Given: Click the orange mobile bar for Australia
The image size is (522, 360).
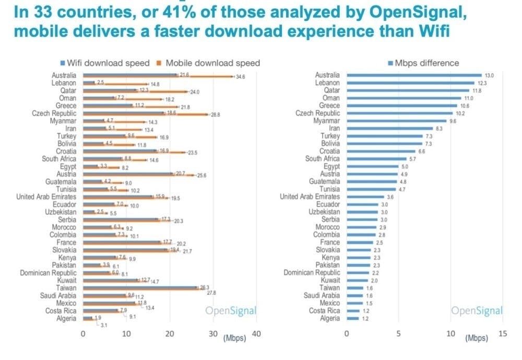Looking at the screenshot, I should (x=157, y=77).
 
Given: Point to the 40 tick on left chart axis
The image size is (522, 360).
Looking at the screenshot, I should (x=256, y=334).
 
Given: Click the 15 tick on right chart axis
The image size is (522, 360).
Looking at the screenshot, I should (x=503, y=334).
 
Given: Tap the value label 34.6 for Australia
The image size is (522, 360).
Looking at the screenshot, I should (x=241, y=77).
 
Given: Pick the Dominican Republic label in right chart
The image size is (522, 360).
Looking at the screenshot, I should (x=312, y=272).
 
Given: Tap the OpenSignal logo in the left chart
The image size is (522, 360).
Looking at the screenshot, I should (x=231, y=311).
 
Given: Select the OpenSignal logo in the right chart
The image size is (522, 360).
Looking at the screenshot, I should (x=477, y=311).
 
